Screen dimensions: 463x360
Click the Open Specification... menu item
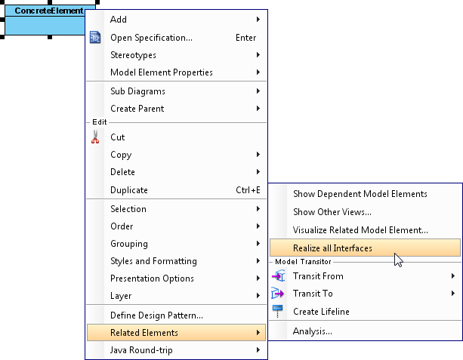pos(151,38)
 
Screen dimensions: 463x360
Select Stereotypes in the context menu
pos(133,55)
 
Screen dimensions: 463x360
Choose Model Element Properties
pos(162,72)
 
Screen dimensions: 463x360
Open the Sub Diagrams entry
pos(137,91)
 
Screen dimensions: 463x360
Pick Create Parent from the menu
pos(137,109)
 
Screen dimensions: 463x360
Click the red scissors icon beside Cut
pos(95,137)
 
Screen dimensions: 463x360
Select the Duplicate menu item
pos(129,190)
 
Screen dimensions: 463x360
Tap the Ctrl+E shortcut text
pos(248,190)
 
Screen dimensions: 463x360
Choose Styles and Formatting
pos(153,261)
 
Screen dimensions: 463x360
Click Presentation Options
pos(152,278)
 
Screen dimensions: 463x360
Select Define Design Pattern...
pos(156,315)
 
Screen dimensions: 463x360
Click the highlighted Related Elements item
pos(176,333)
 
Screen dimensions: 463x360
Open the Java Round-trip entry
pos(141,350)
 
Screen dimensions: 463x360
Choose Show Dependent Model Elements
pos(360,194)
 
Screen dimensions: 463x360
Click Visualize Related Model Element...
pos(360,230)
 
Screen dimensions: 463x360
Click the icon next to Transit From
pos(278,276)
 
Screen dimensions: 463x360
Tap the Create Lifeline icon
pos(277,311)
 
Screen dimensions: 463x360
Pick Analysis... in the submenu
pos(313,331)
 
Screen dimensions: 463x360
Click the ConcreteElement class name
pos(49,11)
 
